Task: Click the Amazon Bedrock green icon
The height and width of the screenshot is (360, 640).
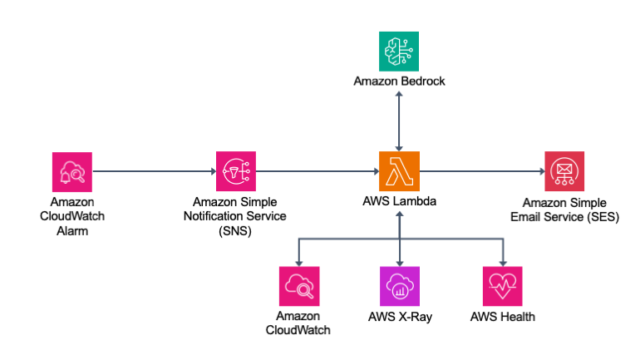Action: (400, 51)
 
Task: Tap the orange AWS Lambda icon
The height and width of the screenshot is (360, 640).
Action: (400, 172)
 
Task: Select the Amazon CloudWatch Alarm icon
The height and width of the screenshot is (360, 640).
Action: (71, 172)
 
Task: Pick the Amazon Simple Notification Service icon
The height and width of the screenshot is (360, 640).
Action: (235, 172)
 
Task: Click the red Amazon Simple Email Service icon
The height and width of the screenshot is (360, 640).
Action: (564, 172)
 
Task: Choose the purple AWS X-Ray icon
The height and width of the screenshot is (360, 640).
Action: (400, 287)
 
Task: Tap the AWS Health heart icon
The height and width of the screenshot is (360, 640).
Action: (502, 287)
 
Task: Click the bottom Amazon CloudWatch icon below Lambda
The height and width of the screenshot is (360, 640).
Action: (298, 287)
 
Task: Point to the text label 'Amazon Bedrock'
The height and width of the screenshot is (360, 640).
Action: (400, 81)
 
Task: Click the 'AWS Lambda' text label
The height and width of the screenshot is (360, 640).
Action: (400, 202)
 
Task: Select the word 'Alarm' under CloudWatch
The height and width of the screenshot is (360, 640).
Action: (71, 231)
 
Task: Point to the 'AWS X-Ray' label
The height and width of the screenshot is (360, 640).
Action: (400, 317)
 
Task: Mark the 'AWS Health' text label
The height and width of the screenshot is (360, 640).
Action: (502, 317)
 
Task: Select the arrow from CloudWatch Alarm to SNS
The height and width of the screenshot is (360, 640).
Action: (154, 172)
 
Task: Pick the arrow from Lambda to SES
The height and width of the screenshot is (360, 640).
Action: (482, 172)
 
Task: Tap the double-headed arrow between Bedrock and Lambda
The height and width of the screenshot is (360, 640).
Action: (400, 121)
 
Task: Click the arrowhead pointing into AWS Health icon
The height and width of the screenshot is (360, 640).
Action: (502, 261)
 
